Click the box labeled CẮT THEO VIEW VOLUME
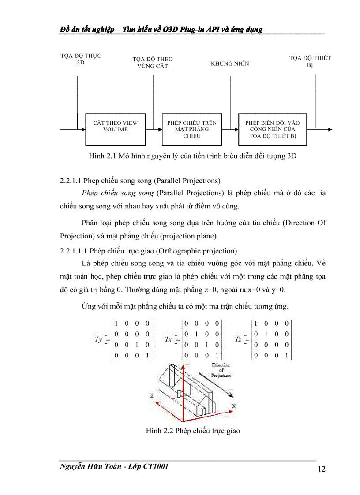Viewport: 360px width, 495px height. click(115, 129)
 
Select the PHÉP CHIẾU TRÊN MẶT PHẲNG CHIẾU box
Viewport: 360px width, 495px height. click(192, 129)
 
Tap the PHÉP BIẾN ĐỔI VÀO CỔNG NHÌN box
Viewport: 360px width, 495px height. click(273, 129)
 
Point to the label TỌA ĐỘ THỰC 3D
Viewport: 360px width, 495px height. click(81, 60)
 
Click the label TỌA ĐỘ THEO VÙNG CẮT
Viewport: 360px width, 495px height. click(153, 63)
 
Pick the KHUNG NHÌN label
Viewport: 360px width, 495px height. click(230, 63)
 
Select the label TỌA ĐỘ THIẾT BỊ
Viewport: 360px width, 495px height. click(310, 61)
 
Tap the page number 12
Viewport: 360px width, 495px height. click(321, 469)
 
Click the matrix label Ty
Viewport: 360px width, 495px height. click(99, 339)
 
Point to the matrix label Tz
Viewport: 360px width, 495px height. click(238, 339)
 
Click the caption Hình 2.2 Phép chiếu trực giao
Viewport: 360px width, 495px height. click(193, 431)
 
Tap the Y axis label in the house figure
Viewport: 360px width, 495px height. click(187, 365)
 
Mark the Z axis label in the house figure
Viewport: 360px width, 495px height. click(151, 396)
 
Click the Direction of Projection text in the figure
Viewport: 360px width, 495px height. click(221, 370)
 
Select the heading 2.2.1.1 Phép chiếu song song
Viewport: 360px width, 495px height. click(140, 181)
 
